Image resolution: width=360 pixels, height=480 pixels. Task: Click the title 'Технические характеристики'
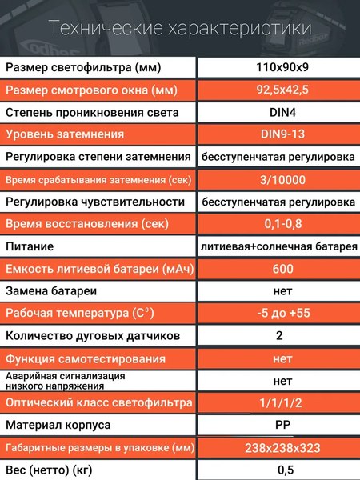tap(180, 29)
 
